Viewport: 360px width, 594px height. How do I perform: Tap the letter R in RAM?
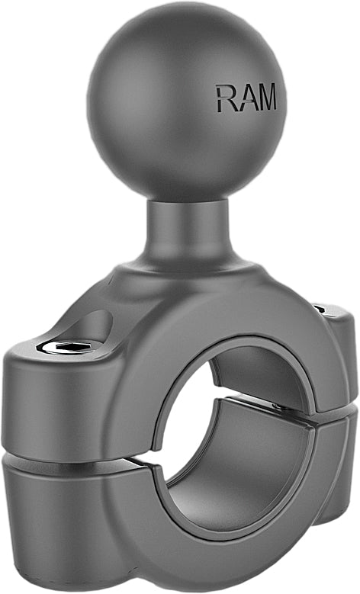coord(225,99)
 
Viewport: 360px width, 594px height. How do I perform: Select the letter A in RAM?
coord(246,99)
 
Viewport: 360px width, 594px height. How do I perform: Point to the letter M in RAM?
coord(266,99)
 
